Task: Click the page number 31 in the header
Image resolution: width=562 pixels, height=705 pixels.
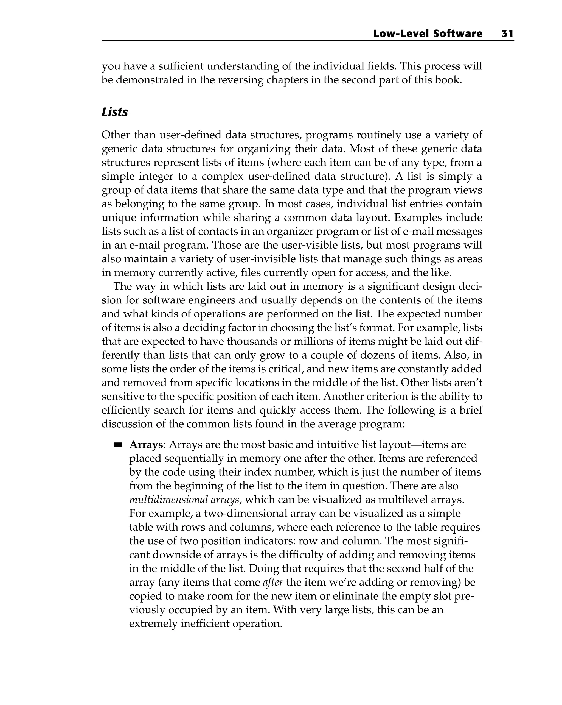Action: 507,34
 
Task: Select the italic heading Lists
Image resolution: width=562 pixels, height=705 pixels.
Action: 115,112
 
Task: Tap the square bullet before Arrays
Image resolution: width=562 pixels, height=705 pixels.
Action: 118,445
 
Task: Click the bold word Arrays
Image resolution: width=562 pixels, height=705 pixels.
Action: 146,445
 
